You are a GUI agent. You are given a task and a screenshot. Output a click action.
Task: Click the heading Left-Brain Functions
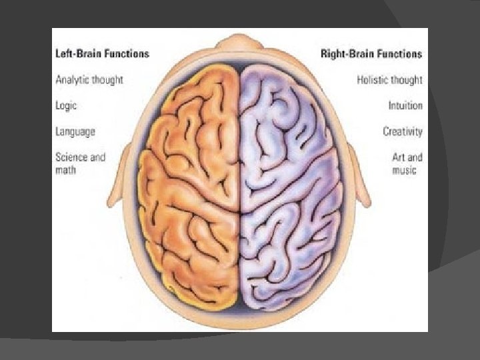click(x=102, y=53)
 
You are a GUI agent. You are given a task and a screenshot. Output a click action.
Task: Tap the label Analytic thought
click(x=89, y=79)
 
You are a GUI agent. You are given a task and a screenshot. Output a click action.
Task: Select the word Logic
click(x=65, y=105)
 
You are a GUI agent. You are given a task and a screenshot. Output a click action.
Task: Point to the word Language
click(x=75, y=131)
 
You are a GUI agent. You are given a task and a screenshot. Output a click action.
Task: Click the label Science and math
click(x=80, y=163)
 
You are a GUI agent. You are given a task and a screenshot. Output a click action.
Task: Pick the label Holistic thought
click(x=389, y=79)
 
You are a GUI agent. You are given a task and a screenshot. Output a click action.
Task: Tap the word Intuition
click(x=405, y=105)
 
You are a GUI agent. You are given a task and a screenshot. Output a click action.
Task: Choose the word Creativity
click(x=402, y=131)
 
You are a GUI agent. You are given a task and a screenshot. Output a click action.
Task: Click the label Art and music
click(x=407, y=163)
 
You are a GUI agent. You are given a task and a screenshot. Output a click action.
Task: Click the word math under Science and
click(x=65, y=170)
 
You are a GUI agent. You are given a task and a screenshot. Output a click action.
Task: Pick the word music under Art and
click(x=404, y=170)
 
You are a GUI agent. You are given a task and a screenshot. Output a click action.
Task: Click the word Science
click(x=71, y=157)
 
